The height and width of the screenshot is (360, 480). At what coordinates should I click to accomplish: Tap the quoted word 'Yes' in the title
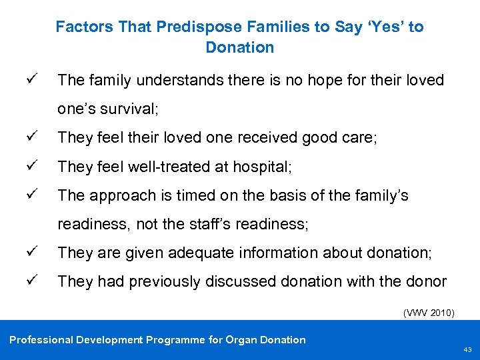(x=385, y=27)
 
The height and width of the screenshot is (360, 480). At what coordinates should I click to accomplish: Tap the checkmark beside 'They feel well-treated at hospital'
(x=39, y=166)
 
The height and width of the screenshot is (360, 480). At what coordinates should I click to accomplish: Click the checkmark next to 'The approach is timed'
(x=39, y=195)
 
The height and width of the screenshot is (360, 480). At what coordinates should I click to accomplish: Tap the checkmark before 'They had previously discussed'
(x=39, y=281)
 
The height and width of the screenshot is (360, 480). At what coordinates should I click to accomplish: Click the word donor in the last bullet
(x=426, y=281)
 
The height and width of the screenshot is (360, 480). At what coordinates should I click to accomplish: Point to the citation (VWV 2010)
(x=429, y=311)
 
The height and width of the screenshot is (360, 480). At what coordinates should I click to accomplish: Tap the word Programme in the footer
(x=174, y=340)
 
